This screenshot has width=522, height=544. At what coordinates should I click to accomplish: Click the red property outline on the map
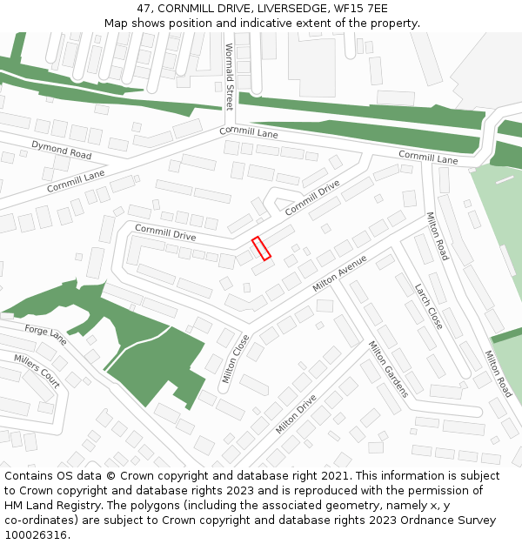pos(261,248)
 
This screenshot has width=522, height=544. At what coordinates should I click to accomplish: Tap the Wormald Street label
pos(230,77)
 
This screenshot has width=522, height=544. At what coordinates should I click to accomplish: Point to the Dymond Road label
pos(61,149)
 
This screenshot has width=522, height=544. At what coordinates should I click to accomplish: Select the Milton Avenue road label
pos(339,273)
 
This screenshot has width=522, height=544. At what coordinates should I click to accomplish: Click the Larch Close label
pos(428,306)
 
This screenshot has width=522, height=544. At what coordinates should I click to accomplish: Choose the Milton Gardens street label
pos(388,368)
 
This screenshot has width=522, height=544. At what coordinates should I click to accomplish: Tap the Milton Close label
pos(235,358)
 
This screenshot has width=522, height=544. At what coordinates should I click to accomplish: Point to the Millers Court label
pos(37,371)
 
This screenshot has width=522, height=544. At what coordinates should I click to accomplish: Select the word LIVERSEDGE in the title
pos(291,8)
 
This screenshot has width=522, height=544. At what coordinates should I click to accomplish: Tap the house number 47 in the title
pos(144,8)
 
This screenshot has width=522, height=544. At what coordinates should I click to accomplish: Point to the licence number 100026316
pos(36,535)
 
